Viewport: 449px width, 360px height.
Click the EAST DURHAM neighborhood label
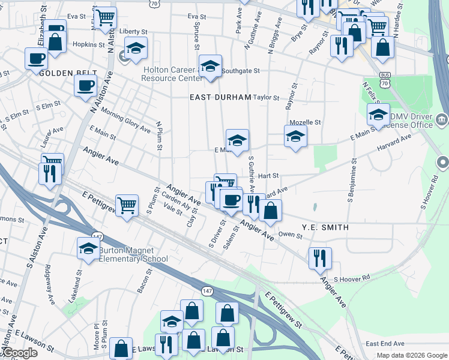220,97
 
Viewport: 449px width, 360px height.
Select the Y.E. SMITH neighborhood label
325,227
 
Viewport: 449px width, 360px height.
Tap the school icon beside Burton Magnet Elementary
88,248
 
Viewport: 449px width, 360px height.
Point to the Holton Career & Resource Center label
171,74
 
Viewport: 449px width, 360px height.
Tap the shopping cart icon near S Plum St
127,205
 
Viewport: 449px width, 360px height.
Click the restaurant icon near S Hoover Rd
319,257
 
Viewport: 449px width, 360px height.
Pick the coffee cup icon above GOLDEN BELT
36,58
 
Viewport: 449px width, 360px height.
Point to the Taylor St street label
266,97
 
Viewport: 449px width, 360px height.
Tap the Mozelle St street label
306,122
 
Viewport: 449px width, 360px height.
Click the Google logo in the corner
20,353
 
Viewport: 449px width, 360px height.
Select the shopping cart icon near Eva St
106,17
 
